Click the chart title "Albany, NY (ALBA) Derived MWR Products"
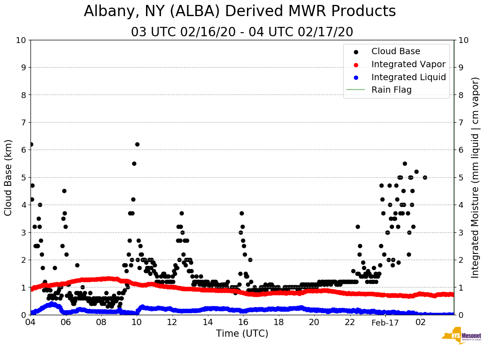240,11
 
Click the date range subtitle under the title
242,32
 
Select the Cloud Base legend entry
396,51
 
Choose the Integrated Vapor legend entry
408,64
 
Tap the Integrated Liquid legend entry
409,77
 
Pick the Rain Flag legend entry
391,90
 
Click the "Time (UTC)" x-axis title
242,334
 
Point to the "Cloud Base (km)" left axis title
9,177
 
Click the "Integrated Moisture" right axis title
475,177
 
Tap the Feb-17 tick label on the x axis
385,322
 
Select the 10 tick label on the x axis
137,322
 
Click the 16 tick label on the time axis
243,322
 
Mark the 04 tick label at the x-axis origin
30,322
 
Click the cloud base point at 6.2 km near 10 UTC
137,144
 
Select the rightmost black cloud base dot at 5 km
425,177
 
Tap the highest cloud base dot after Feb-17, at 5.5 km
405,163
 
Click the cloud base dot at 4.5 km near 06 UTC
64,191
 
